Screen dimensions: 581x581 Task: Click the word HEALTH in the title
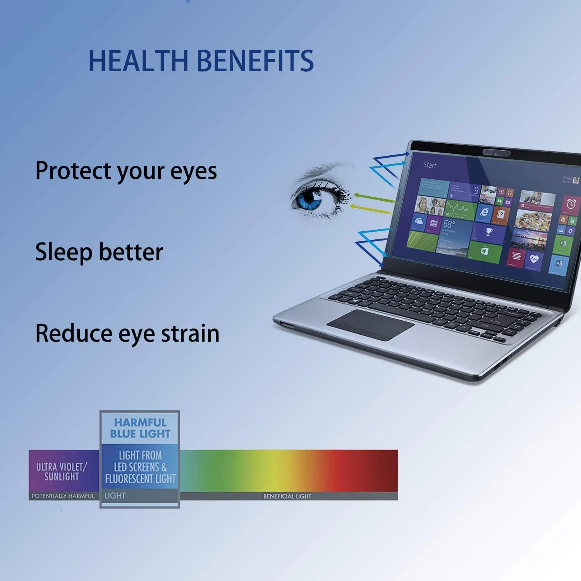point(138,61)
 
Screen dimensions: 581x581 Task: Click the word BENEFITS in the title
point(256,61)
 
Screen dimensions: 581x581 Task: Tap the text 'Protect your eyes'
point(126,171)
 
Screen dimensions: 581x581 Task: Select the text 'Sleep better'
point(99,252)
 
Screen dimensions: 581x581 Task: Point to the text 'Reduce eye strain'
point(127,333)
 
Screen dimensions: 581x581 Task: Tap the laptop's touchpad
point(370,325)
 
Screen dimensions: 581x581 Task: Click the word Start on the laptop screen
point(430,165)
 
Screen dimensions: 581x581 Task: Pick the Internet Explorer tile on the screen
point(484,211)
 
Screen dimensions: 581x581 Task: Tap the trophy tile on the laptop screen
point(489,232)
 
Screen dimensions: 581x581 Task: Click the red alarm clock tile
point(571,204)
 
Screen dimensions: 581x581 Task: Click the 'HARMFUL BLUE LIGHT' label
point(140,428)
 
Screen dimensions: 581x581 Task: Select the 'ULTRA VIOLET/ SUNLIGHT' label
point(62,471)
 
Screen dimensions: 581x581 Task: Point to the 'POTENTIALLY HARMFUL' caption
point(63,496)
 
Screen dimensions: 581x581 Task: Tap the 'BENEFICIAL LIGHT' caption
point(287,496)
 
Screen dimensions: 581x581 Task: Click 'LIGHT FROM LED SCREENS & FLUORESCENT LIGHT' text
point(140,467)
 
